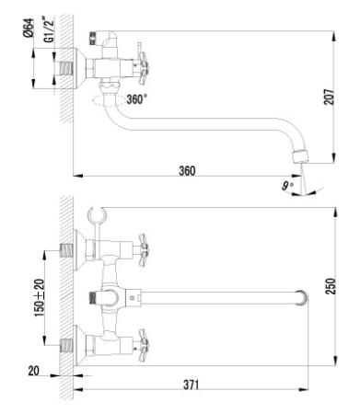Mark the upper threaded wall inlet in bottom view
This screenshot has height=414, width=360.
[66, 247]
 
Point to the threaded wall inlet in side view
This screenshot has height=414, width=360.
[66, 67]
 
